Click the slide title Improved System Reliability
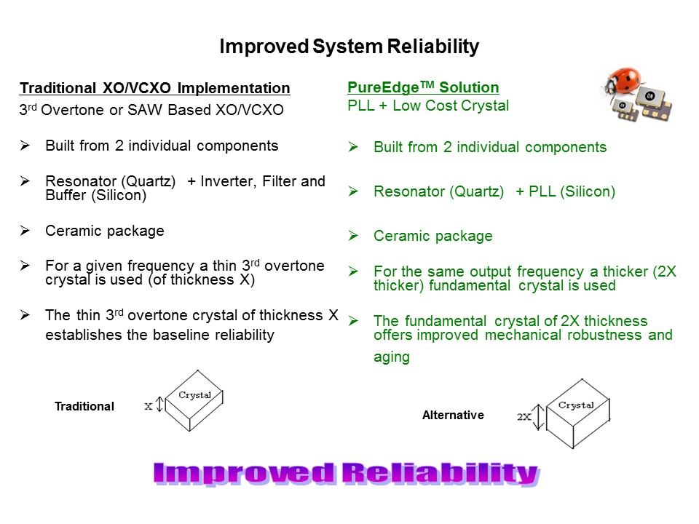(x=349, y=47)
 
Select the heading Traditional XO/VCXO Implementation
(x=154, y=88)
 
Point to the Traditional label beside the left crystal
(x=84, y=407)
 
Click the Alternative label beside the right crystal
(x=453, y=415)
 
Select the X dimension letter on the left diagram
(x=149, y=407)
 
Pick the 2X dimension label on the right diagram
(x=524, y=417)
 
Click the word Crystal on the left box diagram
(x=194, y=395)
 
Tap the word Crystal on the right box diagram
(x=575, y=405)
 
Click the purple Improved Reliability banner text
(x=347, y=474)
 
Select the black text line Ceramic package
(x=104, y=231)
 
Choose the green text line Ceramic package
(x=433, y=236)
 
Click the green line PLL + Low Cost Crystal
(x=428, y=106)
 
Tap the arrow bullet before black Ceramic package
(x=24, y=231)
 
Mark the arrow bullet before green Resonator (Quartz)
(x=353, y=191)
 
